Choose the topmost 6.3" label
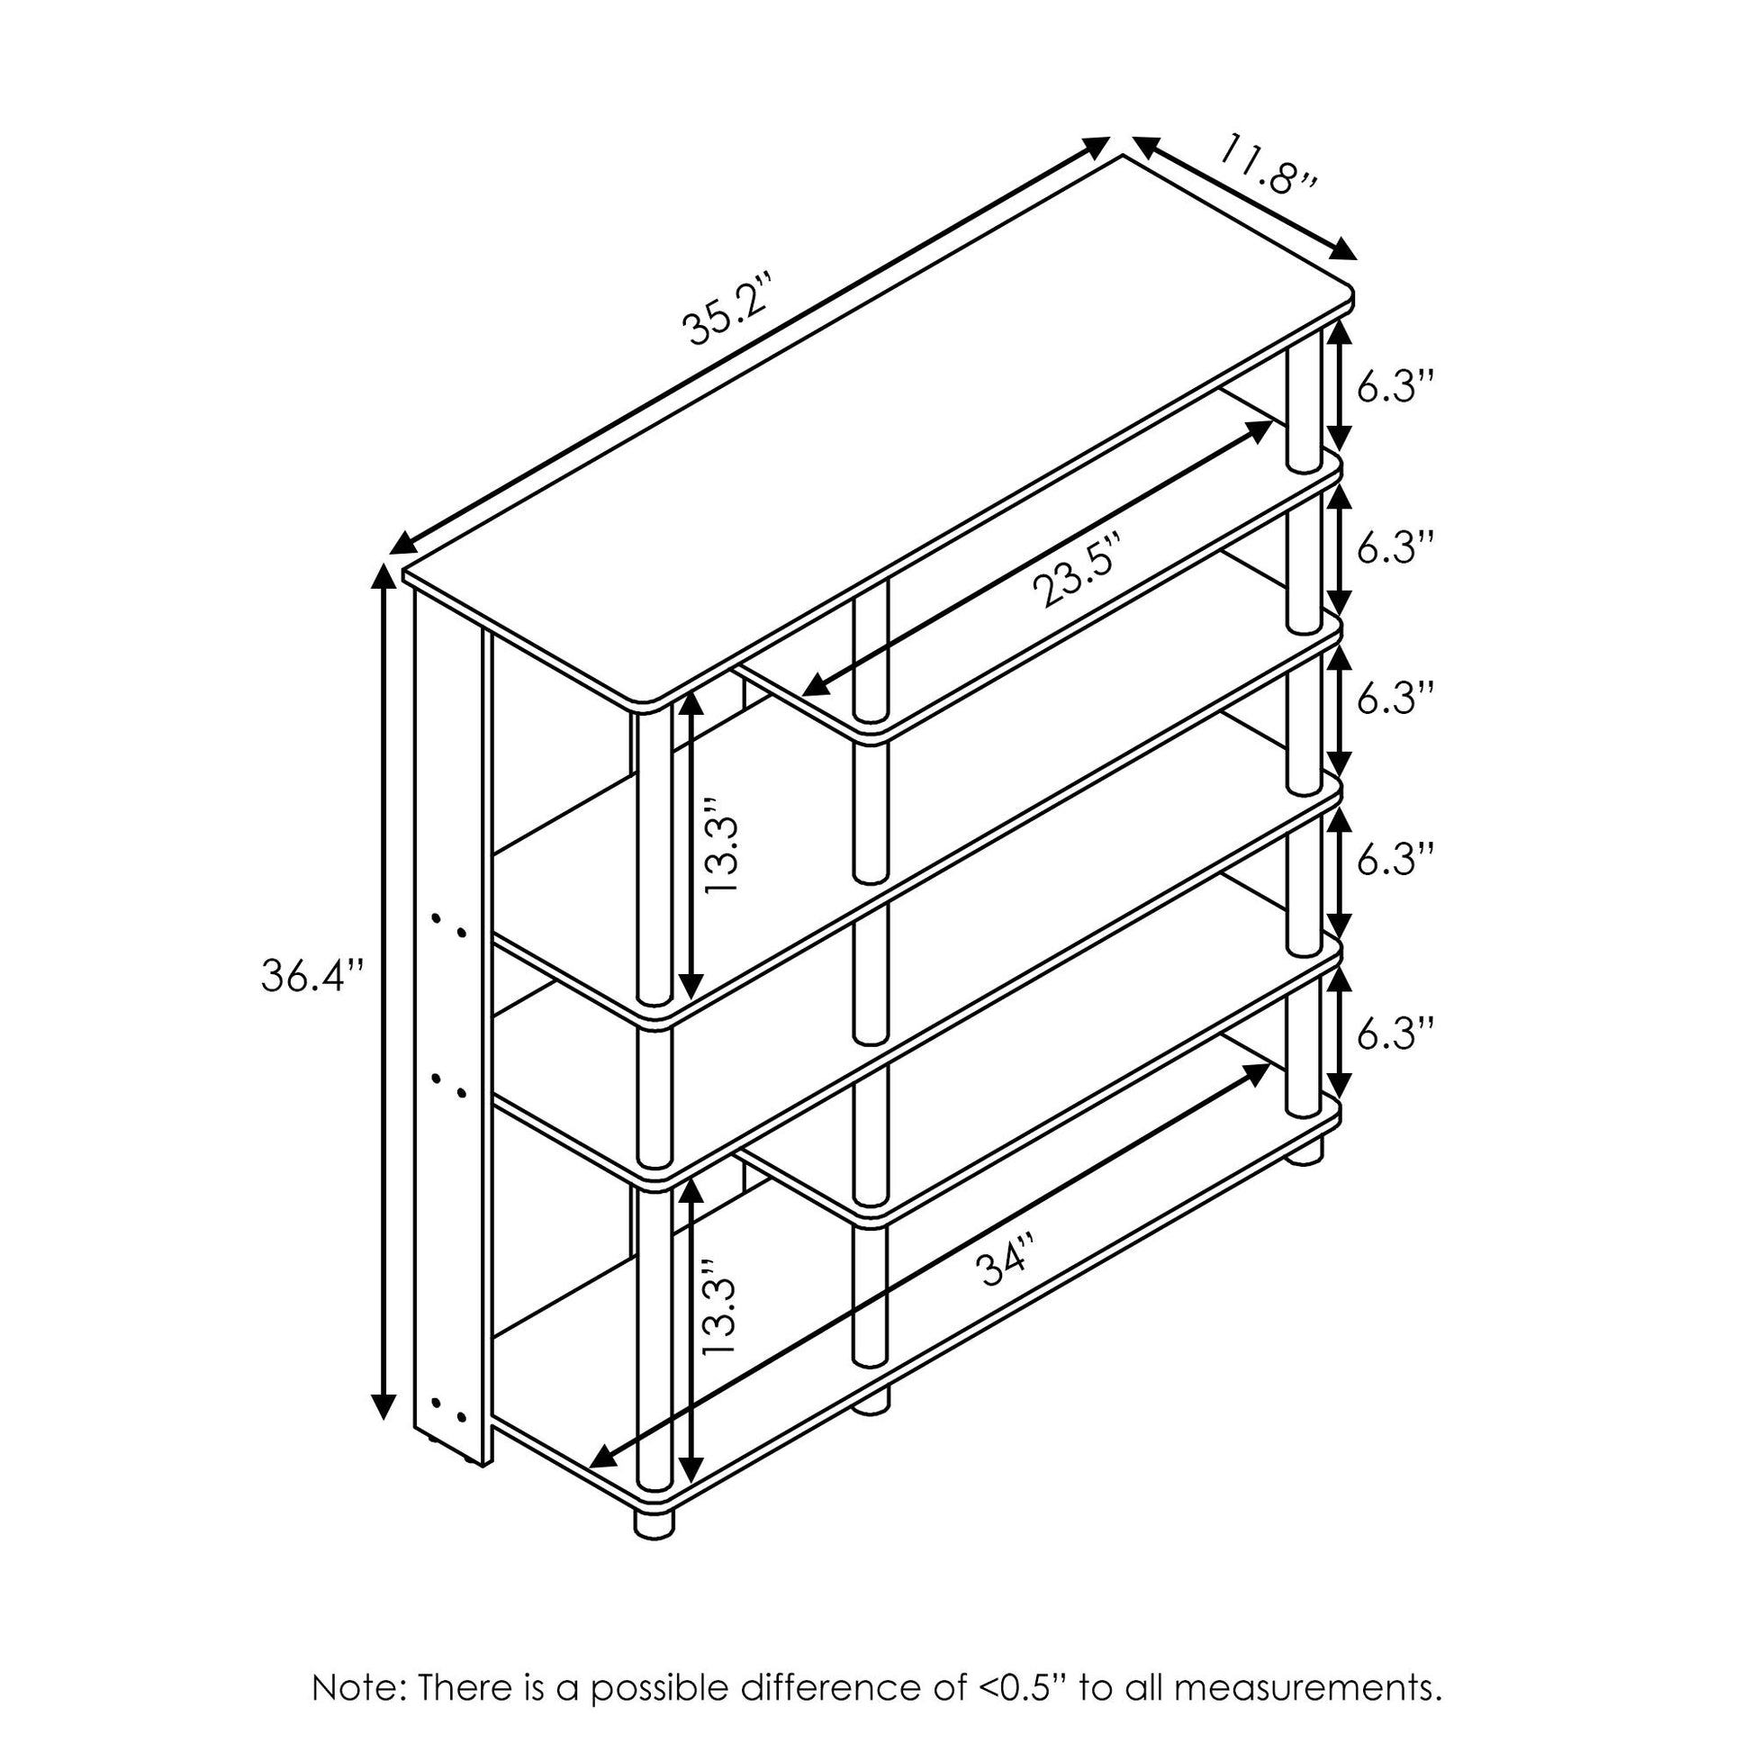coord(1395,387)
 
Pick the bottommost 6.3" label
coord(1395,1032)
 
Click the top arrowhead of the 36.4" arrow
coord(384,578)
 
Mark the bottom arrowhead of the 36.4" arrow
coord(384,1429)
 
